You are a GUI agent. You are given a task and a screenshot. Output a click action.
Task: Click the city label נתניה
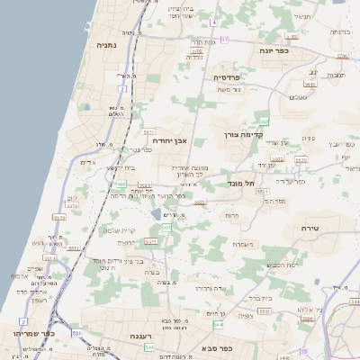coord(105,42)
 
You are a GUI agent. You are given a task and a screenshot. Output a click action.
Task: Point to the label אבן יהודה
coord(169,140)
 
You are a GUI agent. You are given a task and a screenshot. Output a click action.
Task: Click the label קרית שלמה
coord(119,229)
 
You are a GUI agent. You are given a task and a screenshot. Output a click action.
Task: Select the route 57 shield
coord(225,39)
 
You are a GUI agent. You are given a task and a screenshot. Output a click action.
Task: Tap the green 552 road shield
coord(264,121)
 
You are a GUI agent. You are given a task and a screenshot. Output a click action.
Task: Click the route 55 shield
coord(303,350)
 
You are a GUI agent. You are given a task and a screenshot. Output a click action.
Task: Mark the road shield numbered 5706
coord(341,56)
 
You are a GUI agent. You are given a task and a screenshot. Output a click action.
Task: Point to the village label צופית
coord(247,315)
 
